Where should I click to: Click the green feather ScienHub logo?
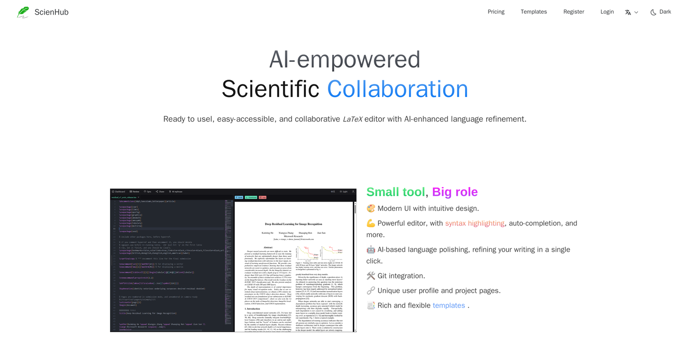pos(23,12)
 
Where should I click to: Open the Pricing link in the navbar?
pos(496,12)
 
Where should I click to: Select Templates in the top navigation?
pos(534,12)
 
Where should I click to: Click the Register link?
pos(573,12)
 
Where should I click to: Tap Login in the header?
pos(607,12)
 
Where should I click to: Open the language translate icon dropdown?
pos(631,12)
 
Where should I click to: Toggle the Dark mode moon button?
pos(660,12)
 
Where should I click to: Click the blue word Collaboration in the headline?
pos(397,89)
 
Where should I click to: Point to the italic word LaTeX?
pos(352,119)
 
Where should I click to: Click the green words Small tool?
pos(395,192)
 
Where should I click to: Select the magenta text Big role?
pos(454,192)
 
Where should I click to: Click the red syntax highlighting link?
pos(475,223)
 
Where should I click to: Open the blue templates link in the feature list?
pos(448,305)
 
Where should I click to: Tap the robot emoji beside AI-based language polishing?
pos(371,249)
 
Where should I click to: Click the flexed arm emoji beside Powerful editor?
pos(371,223)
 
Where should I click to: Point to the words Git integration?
pos(401,276)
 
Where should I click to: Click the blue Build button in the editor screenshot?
pos(239,197)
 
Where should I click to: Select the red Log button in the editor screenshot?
pos(262,197)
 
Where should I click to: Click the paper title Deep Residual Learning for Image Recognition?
pos(293,224)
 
